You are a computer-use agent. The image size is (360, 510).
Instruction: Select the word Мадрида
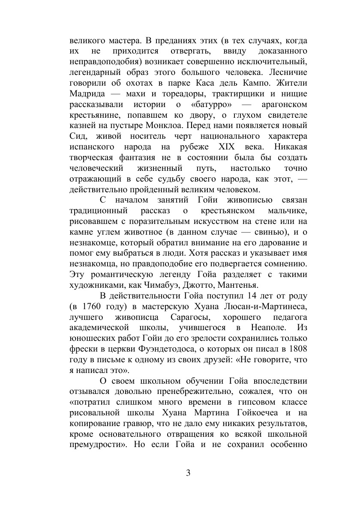click(x=85, y=93)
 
